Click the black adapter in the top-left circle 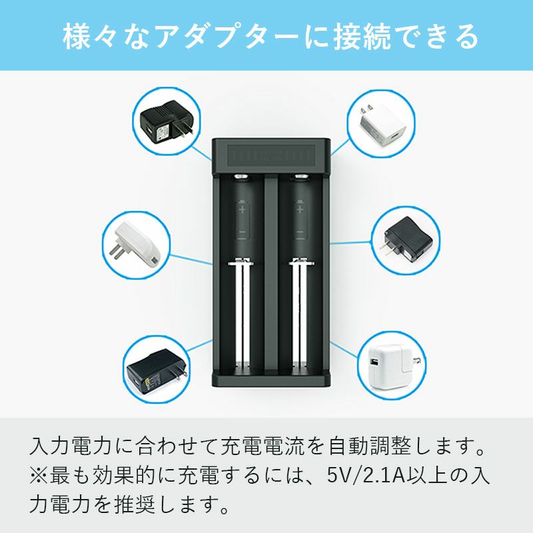pyautogui.click(x=167, y=123)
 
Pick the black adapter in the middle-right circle pyautogui.click(x=406, y=240)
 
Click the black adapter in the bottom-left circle pyautogui.click(x=157, y=372)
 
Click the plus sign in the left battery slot pyautogui.click(x=242, y=209)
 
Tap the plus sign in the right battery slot pyautogui.click(x=300, y=209)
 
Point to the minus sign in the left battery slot pyautogui.click(x=242, y=232)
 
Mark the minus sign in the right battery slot pyautogui.click(x=300, y=232)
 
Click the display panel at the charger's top pyautogui.click(x=271, y=156)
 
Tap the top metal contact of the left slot pyautogui.click(x=241, y=176)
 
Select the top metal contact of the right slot pyautogui.click(x=302, y=176)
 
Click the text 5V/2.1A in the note pyautogui.click(x=366, y=475)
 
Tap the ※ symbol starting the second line pyautogui.click(x=39, y=475)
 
